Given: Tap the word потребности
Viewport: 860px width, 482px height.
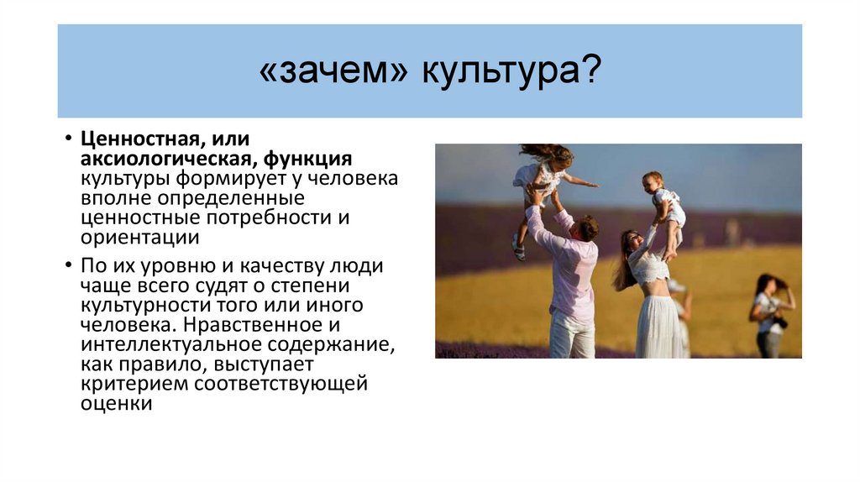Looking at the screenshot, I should click(x=273, y=218).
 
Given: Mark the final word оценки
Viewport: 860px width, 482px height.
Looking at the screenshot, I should click(x=116, y=405).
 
